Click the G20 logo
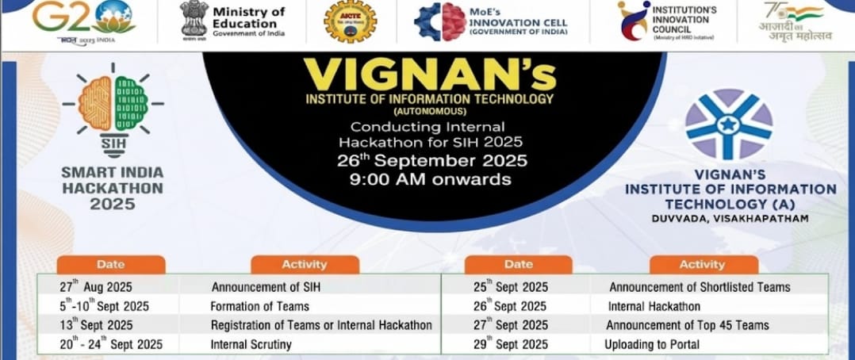[x=83, y=19]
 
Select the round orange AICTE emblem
[x=350, y=21]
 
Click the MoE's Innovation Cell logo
[x=492, y=21]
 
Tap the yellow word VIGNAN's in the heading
[x=429, y=75]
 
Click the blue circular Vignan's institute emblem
[x=729, y=124]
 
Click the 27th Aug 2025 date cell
[x=96, y=286]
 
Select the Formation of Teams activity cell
[x=259, y=306]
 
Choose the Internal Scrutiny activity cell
[x=251, y=344]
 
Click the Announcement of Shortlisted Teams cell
[x=699, y=286]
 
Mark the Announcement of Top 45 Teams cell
[x=687, y=325]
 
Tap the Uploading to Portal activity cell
[x=651, y=344]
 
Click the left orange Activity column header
[x=305, y=264]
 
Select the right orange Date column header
[x=518, y=264]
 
